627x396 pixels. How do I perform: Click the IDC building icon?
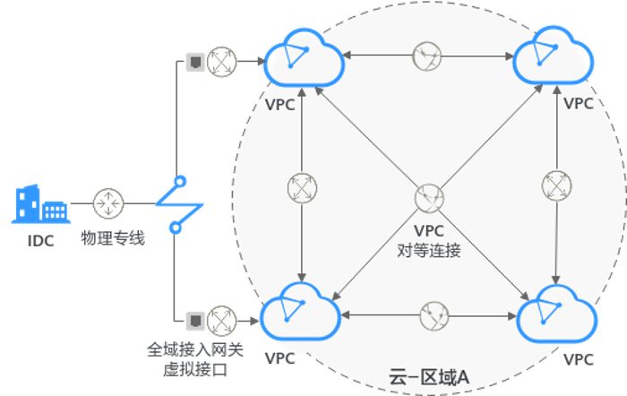(39, 203)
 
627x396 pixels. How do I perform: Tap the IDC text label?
(39, 241)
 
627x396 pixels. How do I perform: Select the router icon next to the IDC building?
(108, 203)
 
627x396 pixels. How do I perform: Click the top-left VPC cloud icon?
(304, 59)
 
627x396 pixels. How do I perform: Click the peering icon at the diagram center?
(428, 198)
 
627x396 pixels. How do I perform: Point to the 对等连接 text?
(429, 250)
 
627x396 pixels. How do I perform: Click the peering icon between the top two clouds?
(426, 56)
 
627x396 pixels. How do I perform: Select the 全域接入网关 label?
(192, 350)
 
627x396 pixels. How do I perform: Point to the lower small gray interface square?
(193, 318)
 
